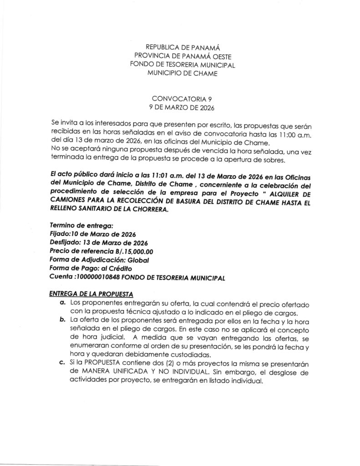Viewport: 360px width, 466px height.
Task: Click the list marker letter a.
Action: pyautogui.click(x=62, y=303)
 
